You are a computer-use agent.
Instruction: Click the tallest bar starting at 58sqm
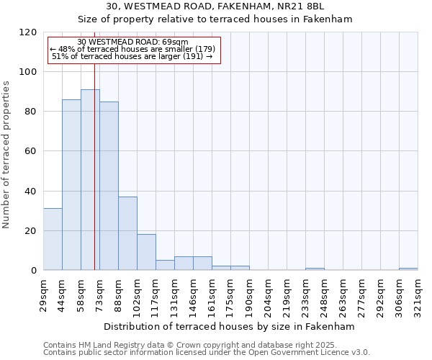(x=90, y=180)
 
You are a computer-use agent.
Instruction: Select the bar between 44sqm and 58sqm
(x=71, y=185)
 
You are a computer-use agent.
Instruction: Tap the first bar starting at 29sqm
(x=53, y=239)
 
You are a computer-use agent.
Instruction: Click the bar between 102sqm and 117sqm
(x=146, y=252)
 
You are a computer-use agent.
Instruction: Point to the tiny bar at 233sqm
(x=315, y=269)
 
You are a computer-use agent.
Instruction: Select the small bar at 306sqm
(x=408, y=269)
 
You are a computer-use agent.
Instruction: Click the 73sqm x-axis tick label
(x=100, y=292)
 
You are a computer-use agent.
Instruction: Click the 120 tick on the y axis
(x=28, y=32)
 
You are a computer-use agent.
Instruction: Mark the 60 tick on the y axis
(x=31, y=151)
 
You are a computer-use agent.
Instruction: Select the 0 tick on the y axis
(x=34, y=271)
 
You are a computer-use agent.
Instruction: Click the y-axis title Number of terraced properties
(x=6, y=154)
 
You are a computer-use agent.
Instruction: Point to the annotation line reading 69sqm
(x=132, y=42)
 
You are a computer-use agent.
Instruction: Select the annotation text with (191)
(x=132, y=56)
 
